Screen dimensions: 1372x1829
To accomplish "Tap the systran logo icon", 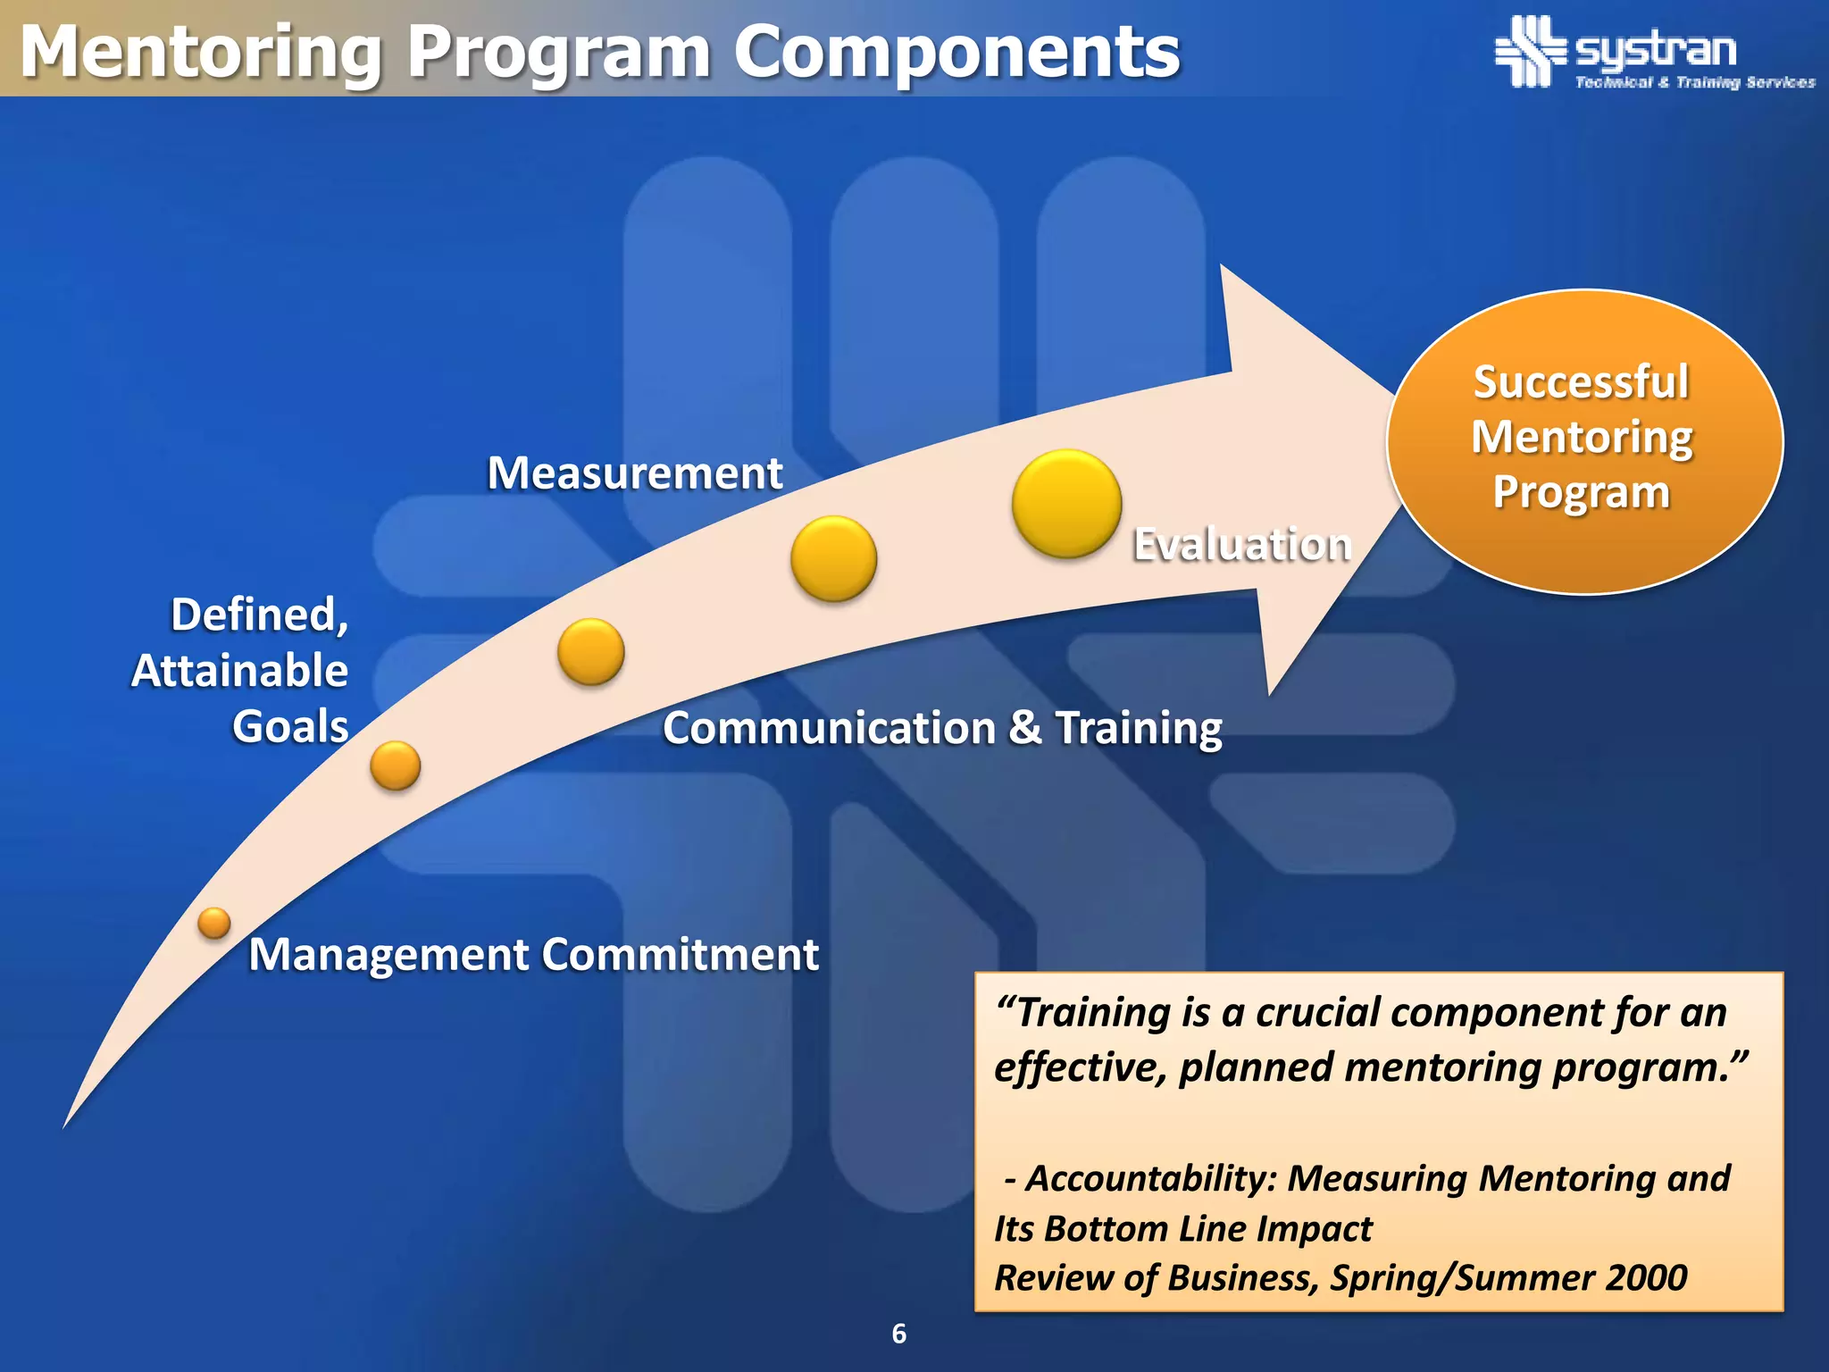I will coord(1530,52).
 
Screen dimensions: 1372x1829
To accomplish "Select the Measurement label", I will coord(634,473).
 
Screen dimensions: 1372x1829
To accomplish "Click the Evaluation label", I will coord(1241,544).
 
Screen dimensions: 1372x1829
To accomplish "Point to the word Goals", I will coord(290,725).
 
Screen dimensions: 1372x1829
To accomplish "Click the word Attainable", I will coord(239,670).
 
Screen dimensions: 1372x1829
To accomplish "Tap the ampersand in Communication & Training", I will coord(1024,727).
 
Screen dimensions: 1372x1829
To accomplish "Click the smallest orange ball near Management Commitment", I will coord(214,923).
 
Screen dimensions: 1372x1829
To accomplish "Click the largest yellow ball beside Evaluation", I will coord(1066,504).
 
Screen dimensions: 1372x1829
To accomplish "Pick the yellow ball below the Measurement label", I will coord(833,558).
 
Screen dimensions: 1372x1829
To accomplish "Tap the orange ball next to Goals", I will coord(395,765).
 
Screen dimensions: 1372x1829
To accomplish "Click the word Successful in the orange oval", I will coord(1581,382).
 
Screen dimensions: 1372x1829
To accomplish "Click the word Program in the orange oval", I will coord(1581,492).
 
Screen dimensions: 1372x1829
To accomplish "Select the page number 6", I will coord(899,1334).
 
